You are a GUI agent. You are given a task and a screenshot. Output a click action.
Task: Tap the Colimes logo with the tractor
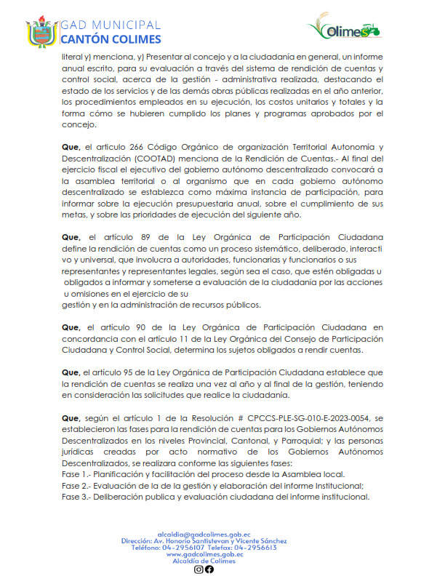point(344,29)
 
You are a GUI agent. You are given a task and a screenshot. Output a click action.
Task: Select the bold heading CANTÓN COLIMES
point(111,39)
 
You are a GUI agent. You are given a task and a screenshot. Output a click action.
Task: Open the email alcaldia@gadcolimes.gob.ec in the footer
point(204,535)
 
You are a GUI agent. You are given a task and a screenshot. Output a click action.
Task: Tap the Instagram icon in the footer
point(199,569)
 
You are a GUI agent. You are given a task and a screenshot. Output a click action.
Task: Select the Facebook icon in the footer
point(209,569)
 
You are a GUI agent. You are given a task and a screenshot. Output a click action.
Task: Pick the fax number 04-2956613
point(256,548)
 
